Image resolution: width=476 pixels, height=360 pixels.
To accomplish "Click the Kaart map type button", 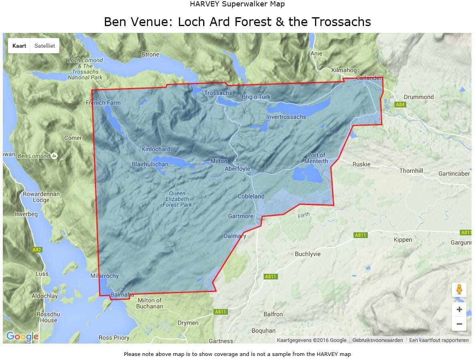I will [x=19, y=46].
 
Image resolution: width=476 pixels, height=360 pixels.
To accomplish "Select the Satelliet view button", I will [x=44, y=46].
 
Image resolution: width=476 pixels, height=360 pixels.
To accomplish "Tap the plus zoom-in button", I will [x=459, y=309].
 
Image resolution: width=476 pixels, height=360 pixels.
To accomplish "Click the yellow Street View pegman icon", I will [x=459, y=289].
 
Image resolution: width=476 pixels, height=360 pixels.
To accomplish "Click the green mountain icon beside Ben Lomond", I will [x=54, y=156].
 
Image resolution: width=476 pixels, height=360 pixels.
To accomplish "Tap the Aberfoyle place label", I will [x=237, y=169].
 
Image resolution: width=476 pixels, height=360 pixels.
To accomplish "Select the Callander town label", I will [x=369, y=78].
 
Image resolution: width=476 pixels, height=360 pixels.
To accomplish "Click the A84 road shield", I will [x=400, y=105].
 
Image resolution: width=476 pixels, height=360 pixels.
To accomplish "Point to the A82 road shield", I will [x=36, y=250].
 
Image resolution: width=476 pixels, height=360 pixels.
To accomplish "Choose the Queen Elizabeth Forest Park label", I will [x=177, y=199].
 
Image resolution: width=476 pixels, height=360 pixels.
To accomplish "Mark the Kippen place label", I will [x=403, y=240].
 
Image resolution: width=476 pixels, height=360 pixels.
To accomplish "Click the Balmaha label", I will [x=122, y=295].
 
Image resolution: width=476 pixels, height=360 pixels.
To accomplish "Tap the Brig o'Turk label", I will [x=256, y=97].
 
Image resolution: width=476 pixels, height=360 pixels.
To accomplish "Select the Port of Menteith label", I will [x=316, y=158].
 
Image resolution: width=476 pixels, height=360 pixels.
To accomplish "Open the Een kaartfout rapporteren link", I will [x=439, y=340].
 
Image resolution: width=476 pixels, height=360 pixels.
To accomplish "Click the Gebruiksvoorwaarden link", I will [x=377, y=340].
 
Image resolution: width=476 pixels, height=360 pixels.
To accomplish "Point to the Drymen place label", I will [x=188, y=323].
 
